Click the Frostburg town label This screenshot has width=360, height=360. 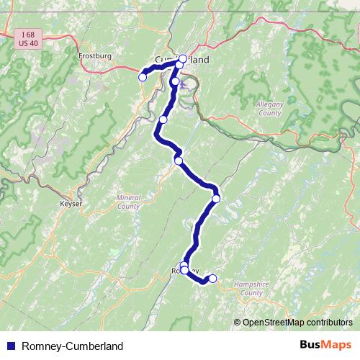pyautogui.click(x=92, y=55)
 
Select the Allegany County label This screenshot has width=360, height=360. pyautogui.click(x=269, y=109)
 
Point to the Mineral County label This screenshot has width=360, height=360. pyautogui.click(x=128, y=202)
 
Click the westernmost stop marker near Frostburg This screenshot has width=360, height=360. pyautogui.click(x=143, y=76)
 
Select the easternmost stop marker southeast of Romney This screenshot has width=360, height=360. pyautogui.click(x=212, y=278)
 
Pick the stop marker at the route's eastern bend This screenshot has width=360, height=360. pyautogui.click(x=215, y=198)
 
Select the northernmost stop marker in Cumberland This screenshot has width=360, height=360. pyautogui.click(x=183, y=58)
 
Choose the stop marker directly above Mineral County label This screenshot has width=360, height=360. pyautogui.click(x=179, y=161)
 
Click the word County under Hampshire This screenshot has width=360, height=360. pyautogui.click(x=251, y=293)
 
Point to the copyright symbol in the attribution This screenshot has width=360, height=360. pyautogui.click(x=238, y=322)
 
